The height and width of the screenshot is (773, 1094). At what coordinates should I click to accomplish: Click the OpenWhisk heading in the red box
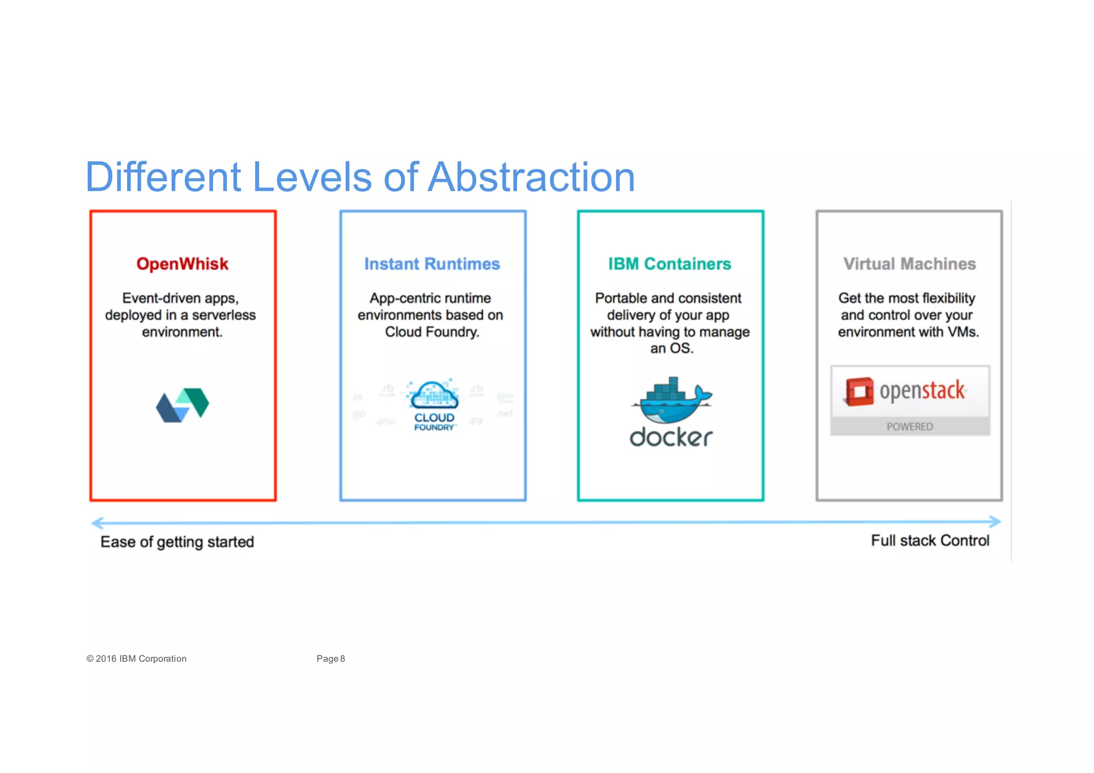coord(182,264)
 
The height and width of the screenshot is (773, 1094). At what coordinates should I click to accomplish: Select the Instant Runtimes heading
coord(432,264)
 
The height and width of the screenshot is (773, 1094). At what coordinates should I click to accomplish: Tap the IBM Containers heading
coord(669,264)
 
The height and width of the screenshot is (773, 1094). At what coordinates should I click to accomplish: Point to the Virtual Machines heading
coord(909,264)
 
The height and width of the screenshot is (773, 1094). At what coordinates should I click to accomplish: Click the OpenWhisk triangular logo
coord(182,405)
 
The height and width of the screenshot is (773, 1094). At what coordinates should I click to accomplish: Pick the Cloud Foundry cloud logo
coord(434,395)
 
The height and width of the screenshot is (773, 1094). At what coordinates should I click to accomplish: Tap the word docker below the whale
coord(671,438)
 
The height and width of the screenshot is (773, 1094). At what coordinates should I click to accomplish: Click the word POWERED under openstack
coord(910,426)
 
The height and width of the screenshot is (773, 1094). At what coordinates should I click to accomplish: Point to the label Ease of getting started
coord(177,542)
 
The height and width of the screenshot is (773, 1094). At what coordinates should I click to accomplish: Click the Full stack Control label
coord(930,541)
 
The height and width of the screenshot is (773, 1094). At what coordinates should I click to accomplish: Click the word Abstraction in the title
coord(531,177)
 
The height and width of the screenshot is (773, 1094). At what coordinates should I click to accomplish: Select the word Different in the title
coord(163,177)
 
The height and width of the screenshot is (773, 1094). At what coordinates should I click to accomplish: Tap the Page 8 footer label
coord(331,659)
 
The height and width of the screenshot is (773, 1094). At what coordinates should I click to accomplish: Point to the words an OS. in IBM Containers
coord(671,348)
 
